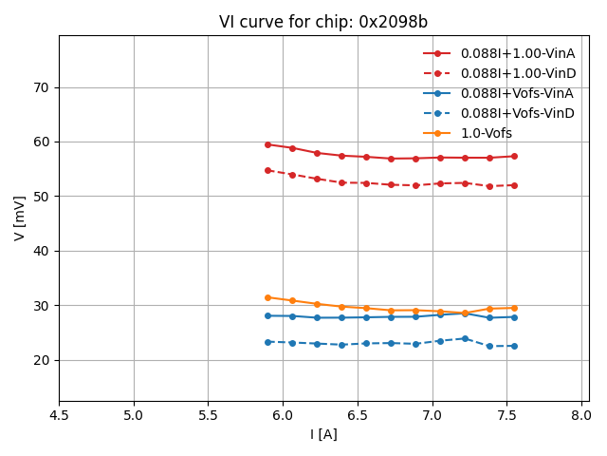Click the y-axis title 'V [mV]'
[20, 218]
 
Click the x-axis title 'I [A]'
[323, 434]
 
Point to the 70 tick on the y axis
[42, 87]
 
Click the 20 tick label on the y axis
[42, 360]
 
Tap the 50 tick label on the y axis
[42, 197]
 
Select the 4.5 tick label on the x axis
[59, 415]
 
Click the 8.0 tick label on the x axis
[581, 415]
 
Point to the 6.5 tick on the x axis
[358, 415]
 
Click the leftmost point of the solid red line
[267, 144]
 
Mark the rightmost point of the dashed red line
[514, 185]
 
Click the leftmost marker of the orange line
[267, 297]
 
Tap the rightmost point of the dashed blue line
[514, 346]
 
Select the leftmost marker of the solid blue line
[267, 315]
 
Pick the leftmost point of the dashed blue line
[267, 342]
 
